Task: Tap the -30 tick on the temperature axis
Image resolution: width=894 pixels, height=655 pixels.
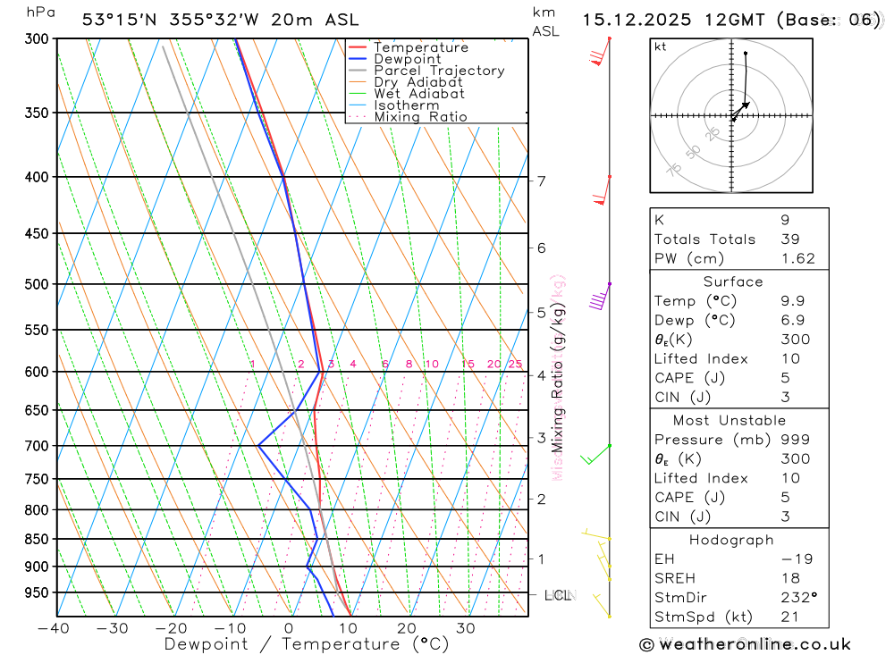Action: tap(114, 628)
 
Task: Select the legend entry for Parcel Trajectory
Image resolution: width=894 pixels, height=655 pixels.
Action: tap(439, 71)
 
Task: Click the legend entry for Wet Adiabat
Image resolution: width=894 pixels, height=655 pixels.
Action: tap(419, 94)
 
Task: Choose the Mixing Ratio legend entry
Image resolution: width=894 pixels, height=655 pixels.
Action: tap(420, 117)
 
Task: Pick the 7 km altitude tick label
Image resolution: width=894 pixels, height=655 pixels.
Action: tap(541, 181)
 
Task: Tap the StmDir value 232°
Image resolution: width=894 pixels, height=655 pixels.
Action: tap(797, 598)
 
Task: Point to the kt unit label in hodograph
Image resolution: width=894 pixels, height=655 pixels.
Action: tap(661, 46)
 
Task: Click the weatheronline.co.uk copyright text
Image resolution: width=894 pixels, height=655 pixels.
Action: tap(745, 644)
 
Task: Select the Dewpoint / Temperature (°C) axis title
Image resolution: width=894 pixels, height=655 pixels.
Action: tap(307, 644)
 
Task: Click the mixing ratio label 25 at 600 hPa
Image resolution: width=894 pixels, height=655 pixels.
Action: tap(515, 365)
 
